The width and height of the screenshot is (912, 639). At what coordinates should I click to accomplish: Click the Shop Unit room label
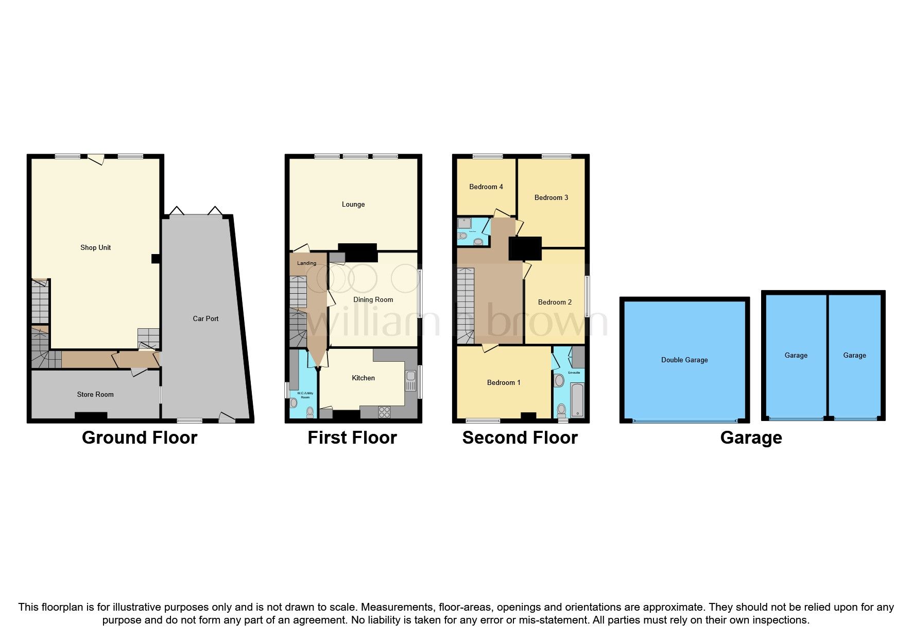(x=95, y=247)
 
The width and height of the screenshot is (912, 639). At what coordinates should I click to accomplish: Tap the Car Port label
(x=205, y=318)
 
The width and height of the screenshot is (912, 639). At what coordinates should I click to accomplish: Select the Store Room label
(x=95, y=394)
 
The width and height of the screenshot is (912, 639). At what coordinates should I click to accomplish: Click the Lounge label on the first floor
(x=353, y=204)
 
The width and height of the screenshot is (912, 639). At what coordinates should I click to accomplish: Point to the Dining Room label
(x=373, y=299)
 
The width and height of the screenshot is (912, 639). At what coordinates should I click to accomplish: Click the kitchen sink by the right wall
(x=410, y=381)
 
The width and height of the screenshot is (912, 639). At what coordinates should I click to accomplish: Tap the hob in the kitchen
(x=384, y=412)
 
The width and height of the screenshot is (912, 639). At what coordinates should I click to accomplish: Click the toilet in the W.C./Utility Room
(x=309, y=411)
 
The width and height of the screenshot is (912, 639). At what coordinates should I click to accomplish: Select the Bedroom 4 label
(x=486, y=187)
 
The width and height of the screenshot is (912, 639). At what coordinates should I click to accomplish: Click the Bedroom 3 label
(x=551, y=197)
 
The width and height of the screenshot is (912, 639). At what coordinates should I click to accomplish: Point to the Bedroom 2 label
(x=555, y=302)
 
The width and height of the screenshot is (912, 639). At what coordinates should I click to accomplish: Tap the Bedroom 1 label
(x=504, y=382)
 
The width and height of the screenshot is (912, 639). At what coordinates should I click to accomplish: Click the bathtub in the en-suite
(x=577, y=400)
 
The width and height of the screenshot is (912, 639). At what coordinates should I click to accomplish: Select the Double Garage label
(x=684, y=360)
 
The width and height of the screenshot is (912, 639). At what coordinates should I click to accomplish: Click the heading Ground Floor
(x=140, y=438)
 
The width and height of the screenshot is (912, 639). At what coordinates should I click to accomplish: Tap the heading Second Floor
(x=520, y=438)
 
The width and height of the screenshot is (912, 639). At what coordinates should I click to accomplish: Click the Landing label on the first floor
(x=306, y=263)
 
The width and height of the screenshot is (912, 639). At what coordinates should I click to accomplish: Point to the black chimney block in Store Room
(x=91, y=415)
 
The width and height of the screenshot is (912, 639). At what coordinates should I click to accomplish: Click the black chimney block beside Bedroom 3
(x=525, y=248)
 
